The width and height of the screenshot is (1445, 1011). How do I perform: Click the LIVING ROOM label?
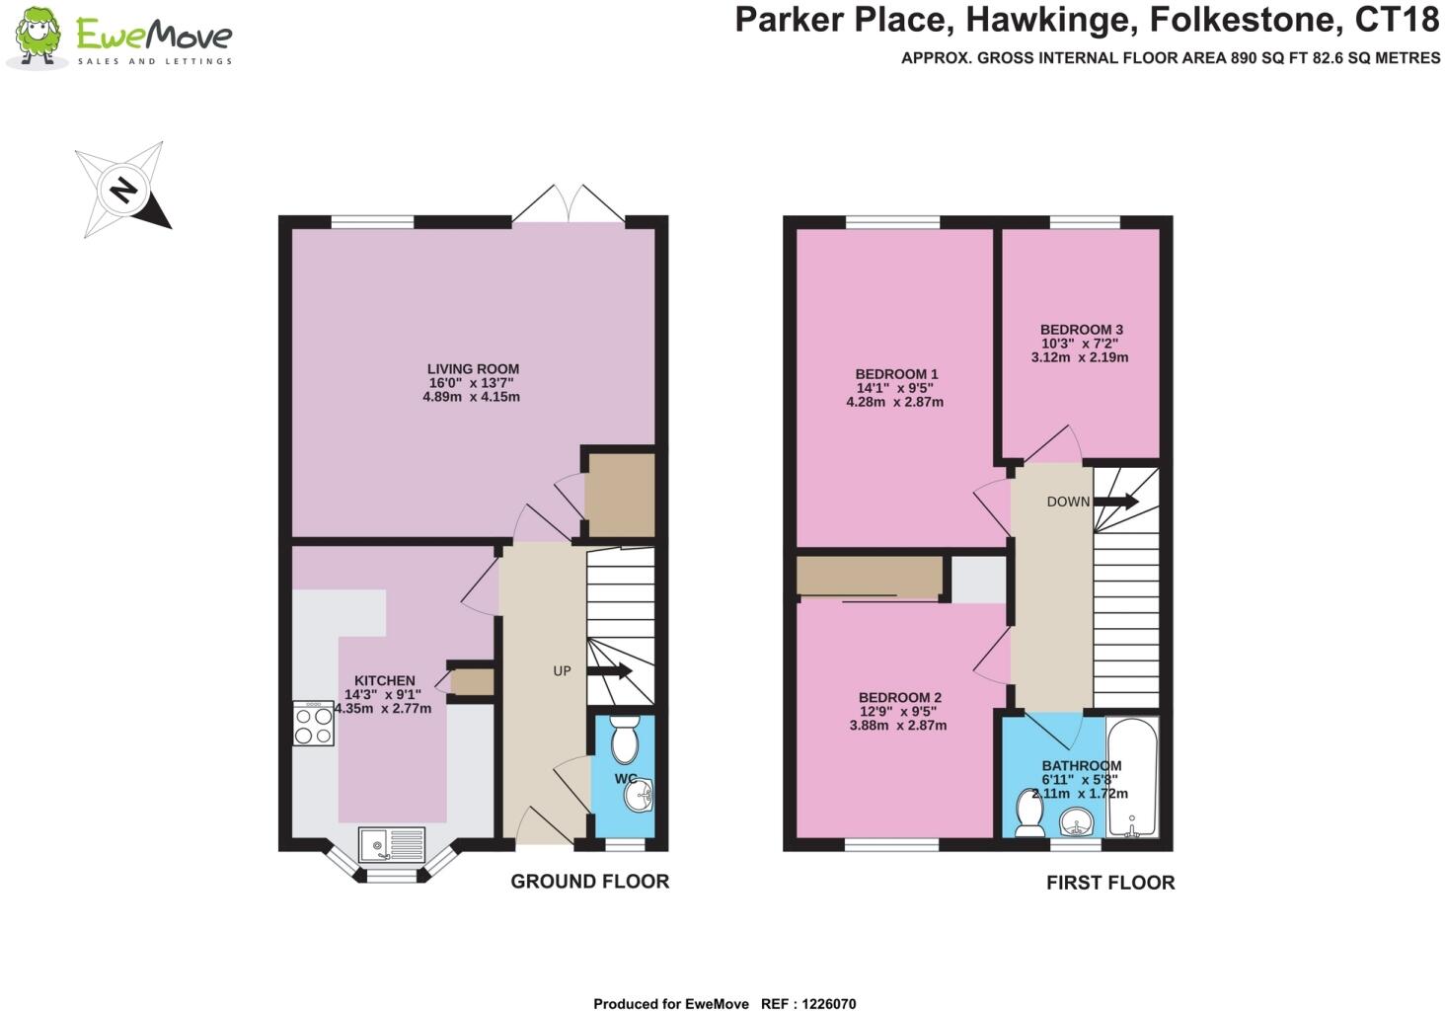coord(473,369)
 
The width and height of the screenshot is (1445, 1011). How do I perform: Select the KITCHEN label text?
coord(385,680)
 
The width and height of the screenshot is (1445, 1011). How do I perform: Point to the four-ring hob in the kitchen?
coord(313,724)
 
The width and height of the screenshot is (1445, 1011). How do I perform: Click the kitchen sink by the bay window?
coord(392,844)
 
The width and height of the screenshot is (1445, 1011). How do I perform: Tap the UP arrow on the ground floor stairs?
coord(609,671)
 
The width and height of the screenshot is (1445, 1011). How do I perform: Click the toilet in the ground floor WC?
coord(624,739)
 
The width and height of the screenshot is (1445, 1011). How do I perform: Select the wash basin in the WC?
coord(638,795)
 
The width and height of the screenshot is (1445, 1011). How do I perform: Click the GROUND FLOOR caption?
coord(589,882)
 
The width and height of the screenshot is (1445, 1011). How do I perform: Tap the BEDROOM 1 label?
coord(896,374)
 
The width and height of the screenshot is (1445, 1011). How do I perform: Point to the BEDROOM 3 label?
coord(1081,330)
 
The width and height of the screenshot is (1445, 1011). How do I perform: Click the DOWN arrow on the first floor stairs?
coord(1116,502)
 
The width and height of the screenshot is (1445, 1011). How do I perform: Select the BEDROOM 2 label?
coord(900,697)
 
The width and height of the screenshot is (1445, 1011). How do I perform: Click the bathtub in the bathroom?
coord(1133,777)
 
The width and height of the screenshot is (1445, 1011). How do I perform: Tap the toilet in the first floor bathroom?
coord(1029,813)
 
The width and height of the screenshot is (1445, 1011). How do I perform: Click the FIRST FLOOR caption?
coord(1110,883)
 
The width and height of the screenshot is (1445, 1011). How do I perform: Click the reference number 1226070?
coord(828,1004)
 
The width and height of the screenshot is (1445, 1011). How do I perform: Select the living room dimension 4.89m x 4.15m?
coord(471,397)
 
